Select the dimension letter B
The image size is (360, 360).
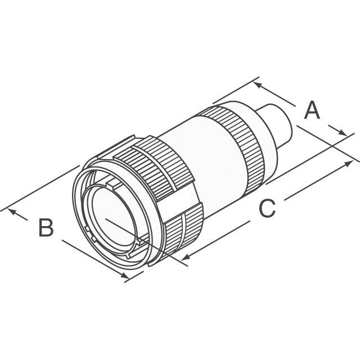click(x=46, y=227)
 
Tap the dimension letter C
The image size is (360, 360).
click(x=267, y=209)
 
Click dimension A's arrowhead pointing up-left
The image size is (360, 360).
click(x=258, y=85)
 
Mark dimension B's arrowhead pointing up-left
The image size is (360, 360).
click(x=12, y=211)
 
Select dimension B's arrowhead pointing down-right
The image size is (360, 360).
click(x=125, y=275)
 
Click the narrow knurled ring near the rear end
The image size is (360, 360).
click(x=232, y=147)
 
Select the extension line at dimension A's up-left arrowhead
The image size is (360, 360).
click(x=236, y=90)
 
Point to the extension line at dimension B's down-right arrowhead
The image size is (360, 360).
click(x=134, y=277)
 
